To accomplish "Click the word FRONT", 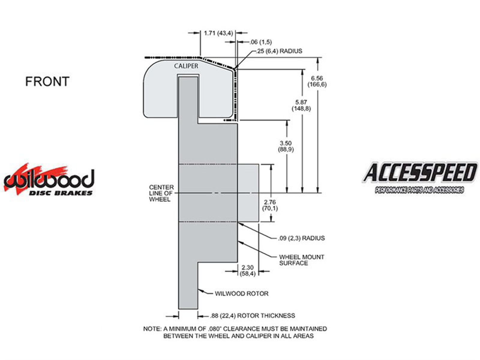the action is [x=47, y=81].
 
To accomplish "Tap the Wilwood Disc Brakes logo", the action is [x=49, y=179].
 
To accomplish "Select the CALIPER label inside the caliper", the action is [x=186, y=66].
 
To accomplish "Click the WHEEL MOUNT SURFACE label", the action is [x=301, y=260].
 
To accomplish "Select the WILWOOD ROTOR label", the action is [x=241, y=293].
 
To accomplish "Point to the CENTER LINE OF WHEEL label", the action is [x=161, y=193].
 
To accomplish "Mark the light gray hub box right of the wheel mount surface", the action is [x=248, y=193].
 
